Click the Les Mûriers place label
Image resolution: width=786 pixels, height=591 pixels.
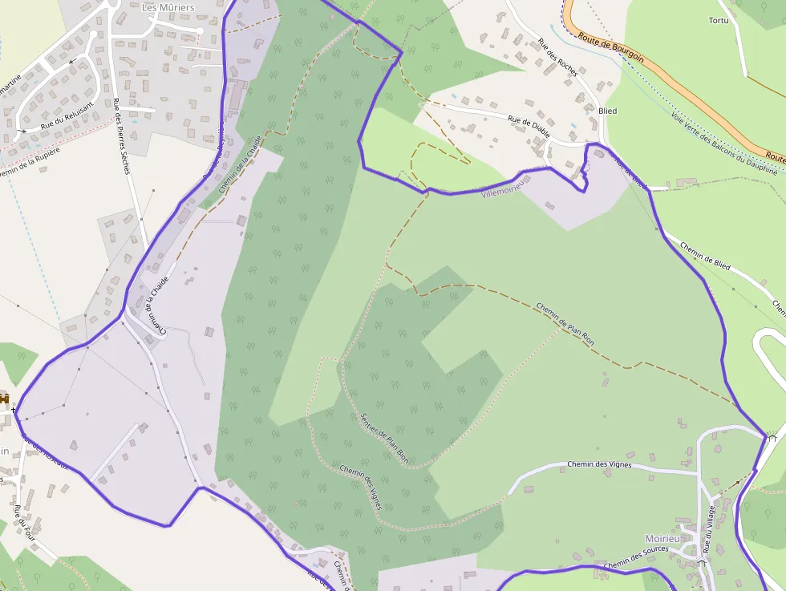point(168,7)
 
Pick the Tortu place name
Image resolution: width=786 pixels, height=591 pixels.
point(719,20)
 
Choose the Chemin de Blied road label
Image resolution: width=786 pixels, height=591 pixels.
point(705,256)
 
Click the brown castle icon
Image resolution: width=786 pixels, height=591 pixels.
point(5,399)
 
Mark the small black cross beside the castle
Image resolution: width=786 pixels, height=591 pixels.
point(14,410)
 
